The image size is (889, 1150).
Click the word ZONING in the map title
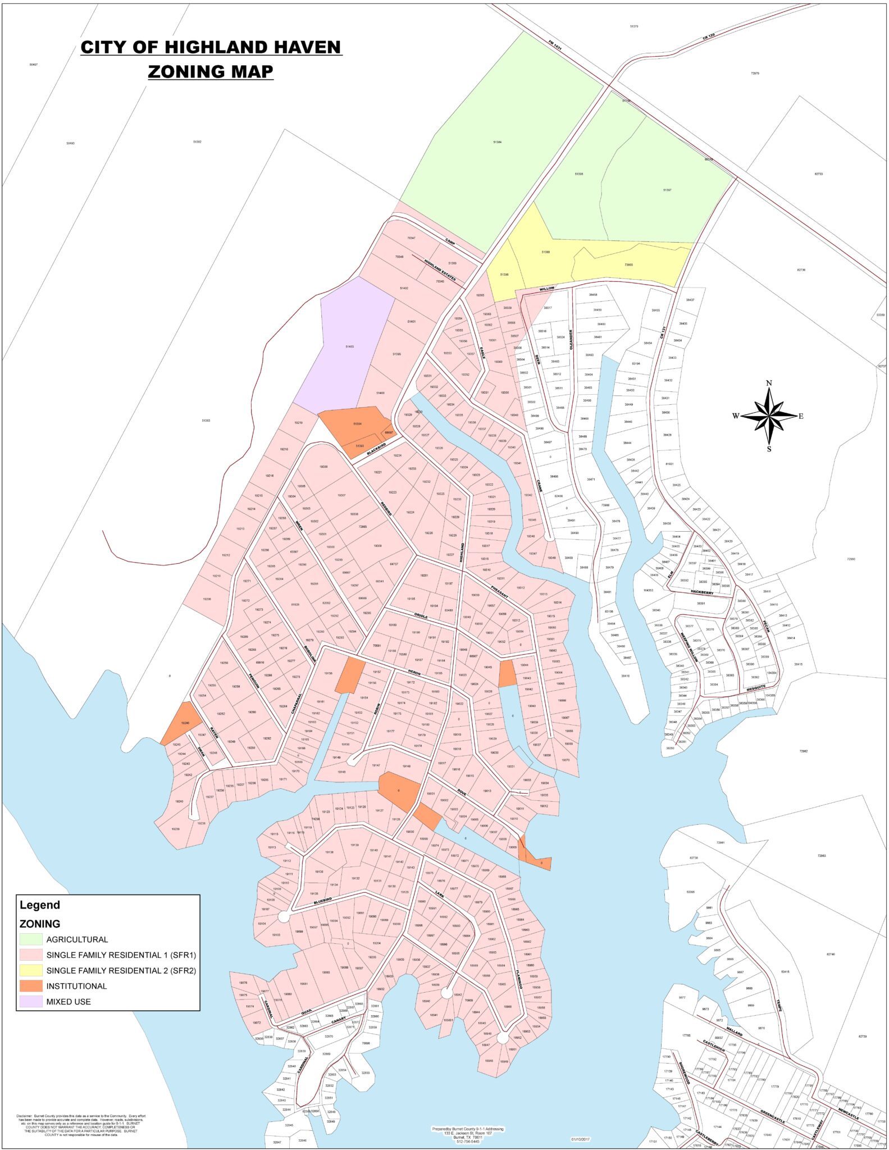(181, 71)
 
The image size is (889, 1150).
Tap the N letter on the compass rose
(769, 383)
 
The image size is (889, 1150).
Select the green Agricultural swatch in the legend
(31, 939)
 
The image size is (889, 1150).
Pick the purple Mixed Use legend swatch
(31, 1002)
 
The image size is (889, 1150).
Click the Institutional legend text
(76, 986)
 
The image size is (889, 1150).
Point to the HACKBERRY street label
(702, 592)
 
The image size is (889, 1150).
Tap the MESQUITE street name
(756, 687)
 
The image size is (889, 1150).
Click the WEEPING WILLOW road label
(689, 648)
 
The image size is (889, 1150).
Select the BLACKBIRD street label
(376, 449)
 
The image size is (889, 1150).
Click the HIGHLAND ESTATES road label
(440, 271)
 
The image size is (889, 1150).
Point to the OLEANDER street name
(572, 340)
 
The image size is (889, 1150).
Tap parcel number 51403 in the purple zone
(349, 346)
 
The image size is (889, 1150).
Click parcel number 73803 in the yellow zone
(628, 264)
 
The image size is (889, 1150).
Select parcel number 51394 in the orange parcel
(357, 423)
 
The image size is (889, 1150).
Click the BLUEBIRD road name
(323, 901)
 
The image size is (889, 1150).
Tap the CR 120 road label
(708, 37)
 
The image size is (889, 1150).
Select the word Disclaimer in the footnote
(25, 1116)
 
